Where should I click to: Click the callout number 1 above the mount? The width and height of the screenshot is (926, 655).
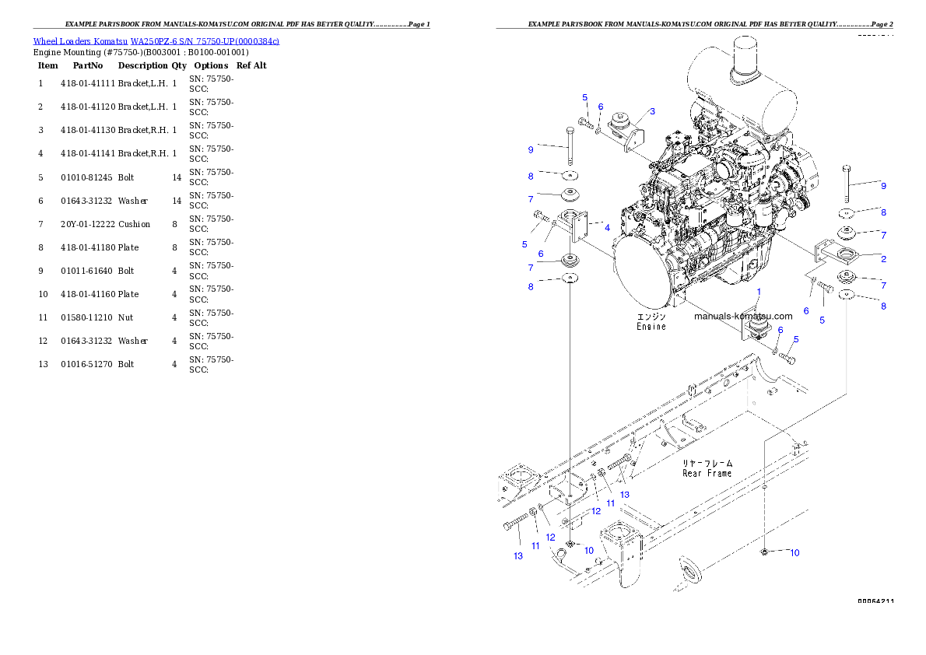click(759, 290)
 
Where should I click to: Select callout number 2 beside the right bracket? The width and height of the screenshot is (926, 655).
click(883, 258)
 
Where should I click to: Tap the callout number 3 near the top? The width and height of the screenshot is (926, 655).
click(652, 111)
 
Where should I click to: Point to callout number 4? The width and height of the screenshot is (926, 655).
click(606, 228)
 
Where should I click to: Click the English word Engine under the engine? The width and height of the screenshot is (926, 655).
click(651, 327)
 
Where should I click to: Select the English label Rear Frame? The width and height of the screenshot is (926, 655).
click(707, 473)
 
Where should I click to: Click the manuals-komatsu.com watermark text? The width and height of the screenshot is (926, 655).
click(742, 316)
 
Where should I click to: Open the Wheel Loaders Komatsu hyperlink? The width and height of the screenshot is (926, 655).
click(156, 41)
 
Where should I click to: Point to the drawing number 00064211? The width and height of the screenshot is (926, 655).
click(875, 601)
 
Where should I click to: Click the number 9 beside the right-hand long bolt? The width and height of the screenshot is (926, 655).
click(883, 186)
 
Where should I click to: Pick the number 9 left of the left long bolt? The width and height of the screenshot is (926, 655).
click(531, 149)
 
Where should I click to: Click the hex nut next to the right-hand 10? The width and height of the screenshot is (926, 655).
click(765, 552)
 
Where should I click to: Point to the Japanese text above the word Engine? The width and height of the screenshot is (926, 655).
click(651, 317)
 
